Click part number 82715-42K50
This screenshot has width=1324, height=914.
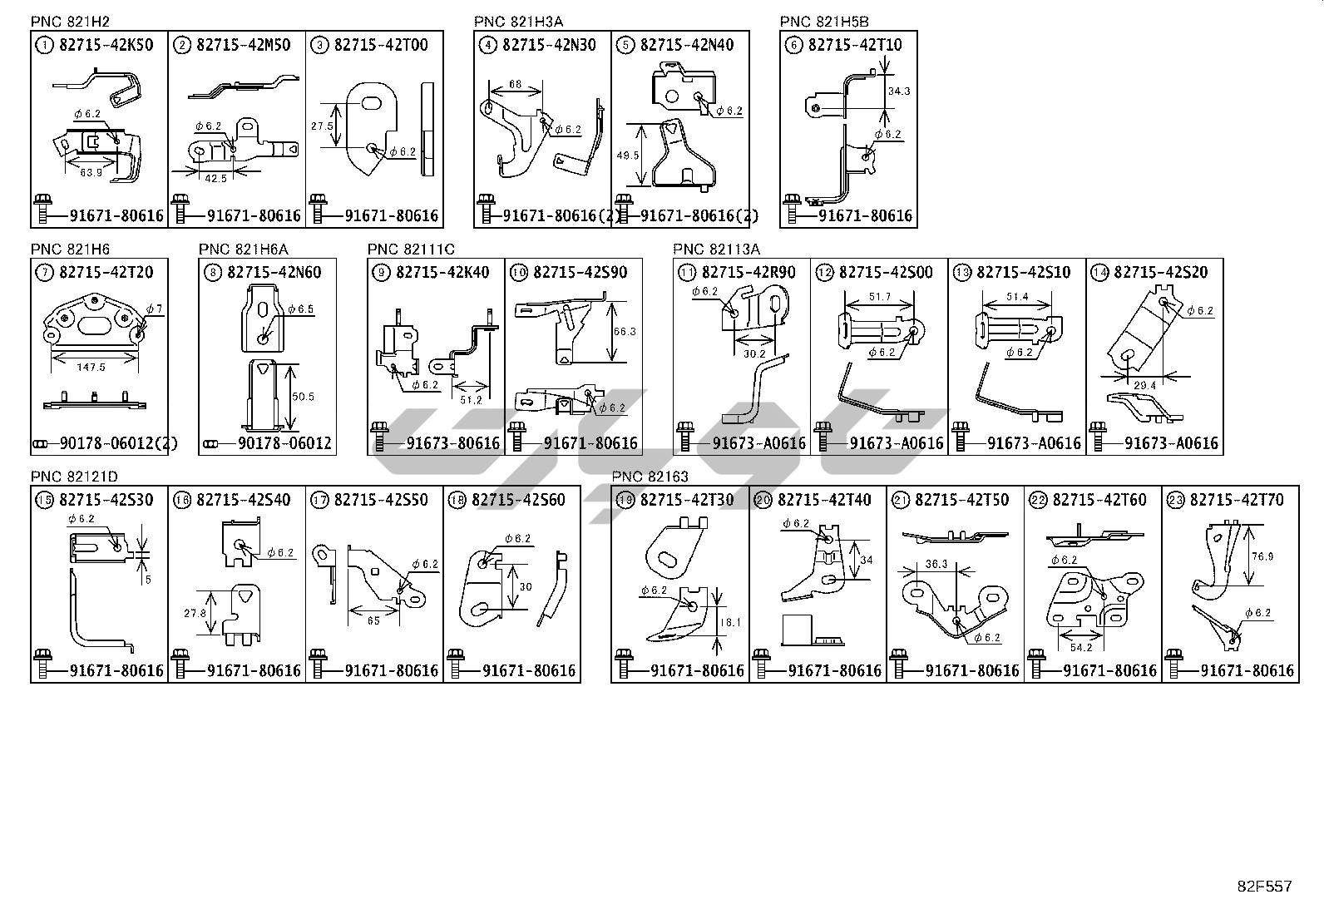click(x=106, y=45)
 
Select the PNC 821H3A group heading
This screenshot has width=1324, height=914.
click(x=512, y=22)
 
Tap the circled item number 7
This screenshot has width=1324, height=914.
click(x=42, y=272)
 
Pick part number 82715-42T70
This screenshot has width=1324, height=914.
click(x=1237, y=500)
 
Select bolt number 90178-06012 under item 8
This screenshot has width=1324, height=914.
click(x=284, y=443)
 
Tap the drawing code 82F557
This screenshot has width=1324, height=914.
click(x=1264, y=887)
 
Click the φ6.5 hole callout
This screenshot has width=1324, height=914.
click(x=300, y=309)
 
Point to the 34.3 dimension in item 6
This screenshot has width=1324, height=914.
click(x=898, y=91)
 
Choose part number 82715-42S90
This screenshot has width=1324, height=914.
click(x=580, y=272)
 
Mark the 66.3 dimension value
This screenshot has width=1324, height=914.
click(x=625, y=332)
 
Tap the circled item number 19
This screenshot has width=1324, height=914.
click(x=626, y=500)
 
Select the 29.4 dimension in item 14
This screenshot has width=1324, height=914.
click(x=1144, y=385)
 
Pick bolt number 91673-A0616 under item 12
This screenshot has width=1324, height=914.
click(x=896, y=443)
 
